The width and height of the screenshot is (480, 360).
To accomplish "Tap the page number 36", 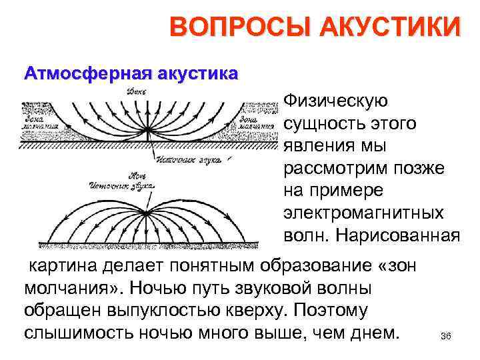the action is pos(446,335).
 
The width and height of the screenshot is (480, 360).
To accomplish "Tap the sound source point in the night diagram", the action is pos(146,212).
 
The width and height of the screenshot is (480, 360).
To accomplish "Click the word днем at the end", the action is pos(371,332).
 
